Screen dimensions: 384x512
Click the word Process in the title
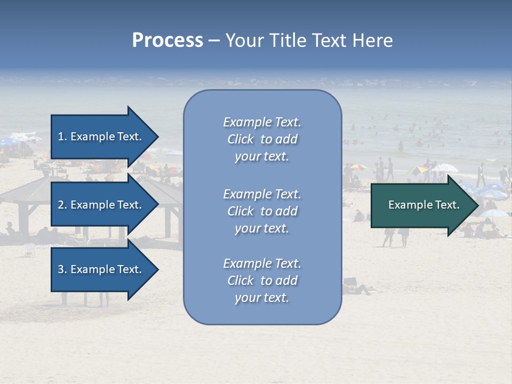167,41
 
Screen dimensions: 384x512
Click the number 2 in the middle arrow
61,205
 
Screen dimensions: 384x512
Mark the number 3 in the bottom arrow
61,269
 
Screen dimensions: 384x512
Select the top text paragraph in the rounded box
262,139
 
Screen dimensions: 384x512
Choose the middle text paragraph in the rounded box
262,211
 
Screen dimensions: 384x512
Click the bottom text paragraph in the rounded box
262,281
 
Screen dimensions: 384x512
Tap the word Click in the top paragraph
240,139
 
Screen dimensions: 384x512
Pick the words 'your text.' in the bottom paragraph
262,298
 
